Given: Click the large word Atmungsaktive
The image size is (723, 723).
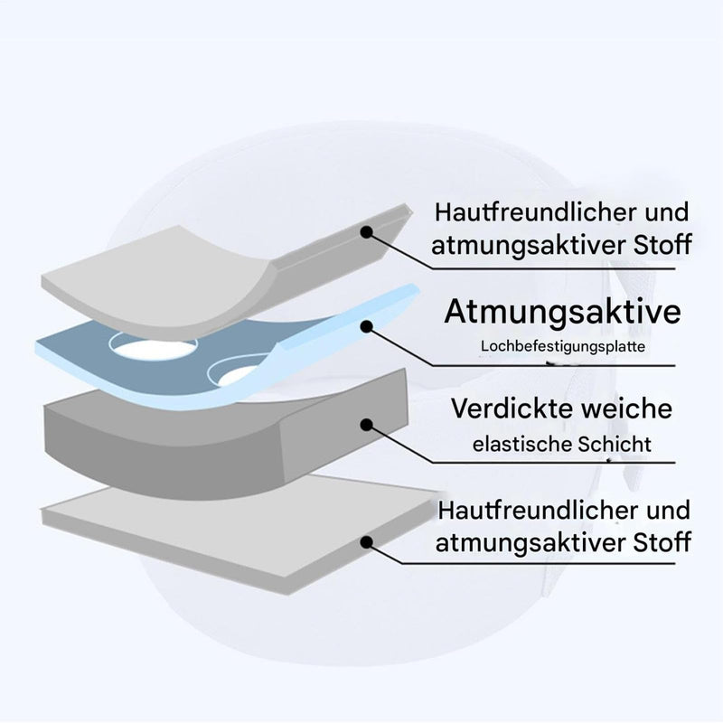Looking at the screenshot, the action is pos(562,313).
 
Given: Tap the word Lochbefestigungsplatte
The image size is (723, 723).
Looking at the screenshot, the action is pos(562,346).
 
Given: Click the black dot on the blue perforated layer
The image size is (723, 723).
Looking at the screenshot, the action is pos(367,327).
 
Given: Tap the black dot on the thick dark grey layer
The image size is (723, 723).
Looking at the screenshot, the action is pos(367,425).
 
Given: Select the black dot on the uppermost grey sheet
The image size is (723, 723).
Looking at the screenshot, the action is pos(366,232).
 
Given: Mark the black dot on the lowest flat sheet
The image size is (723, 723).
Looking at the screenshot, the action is pos(367,542).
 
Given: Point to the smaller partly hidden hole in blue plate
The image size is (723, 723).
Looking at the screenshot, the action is pos(235,371).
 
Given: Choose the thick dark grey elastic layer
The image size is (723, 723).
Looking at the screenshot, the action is pos(221,443).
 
